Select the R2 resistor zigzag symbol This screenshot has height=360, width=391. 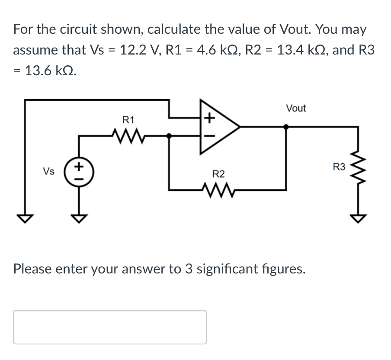click(218, 189)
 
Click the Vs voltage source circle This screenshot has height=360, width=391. click(79, 170)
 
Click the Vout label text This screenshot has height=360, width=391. click(296, 108)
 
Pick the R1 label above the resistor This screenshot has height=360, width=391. click(128, 119)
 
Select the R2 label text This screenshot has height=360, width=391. click(218, 174)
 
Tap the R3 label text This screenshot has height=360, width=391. click(340, 167)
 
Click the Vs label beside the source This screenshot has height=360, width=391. click(48, 171)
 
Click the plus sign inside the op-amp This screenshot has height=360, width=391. click(208, 117)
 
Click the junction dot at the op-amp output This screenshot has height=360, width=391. click(286, 127)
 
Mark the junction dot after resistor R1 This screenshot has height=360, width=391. click(169, 135)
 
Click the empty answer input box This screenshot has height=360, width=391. click(109, 327)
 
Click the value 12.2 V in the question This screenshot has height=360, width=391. click(135, 50)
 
